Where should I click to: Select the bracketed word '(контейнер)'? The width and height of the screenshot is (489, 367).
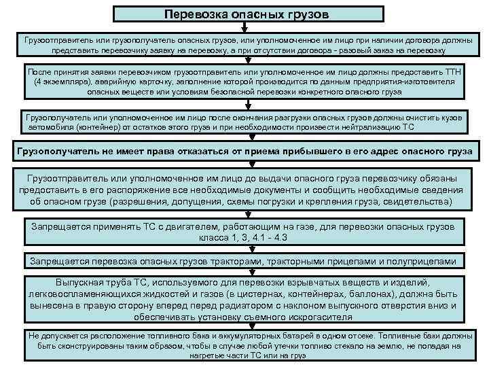click(102, 127)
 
